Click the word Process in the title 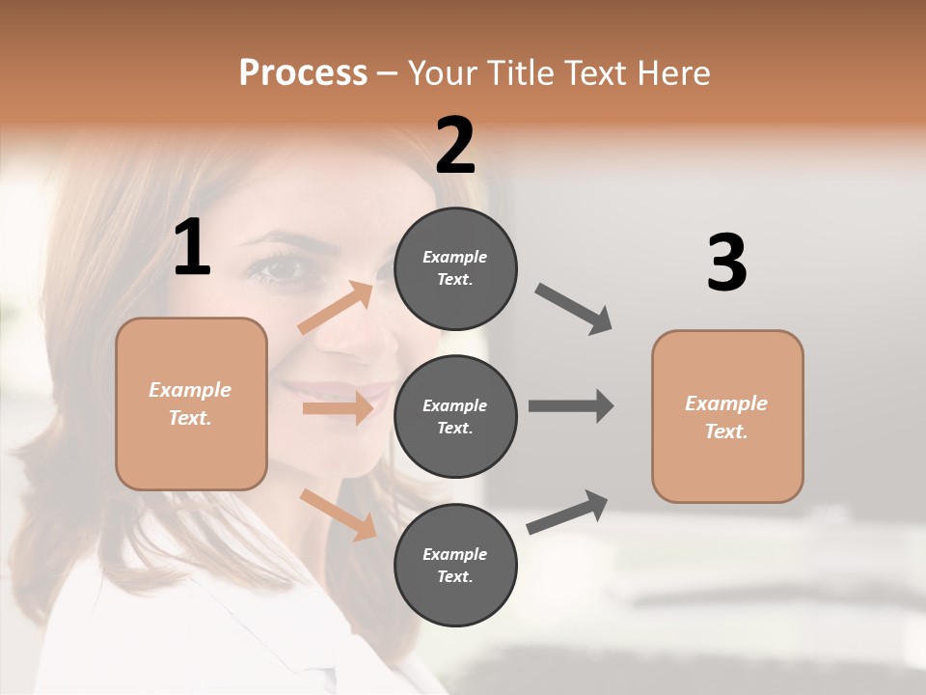click(303, 72)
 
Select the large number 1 click(192, 248)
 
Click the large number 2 click(455, 146)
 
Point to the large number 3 click(726, 264)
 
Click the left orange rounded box click(191, 403)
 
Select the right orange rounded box click(727, 416)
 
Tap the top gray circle click(455, 267)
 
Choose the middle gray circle click(455, 416)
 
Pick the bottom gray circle click(455, 565)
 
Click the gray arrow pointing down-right click(574, 309)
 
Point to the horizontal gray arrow click(571, 406)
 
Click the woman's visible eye click(277, 268)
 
